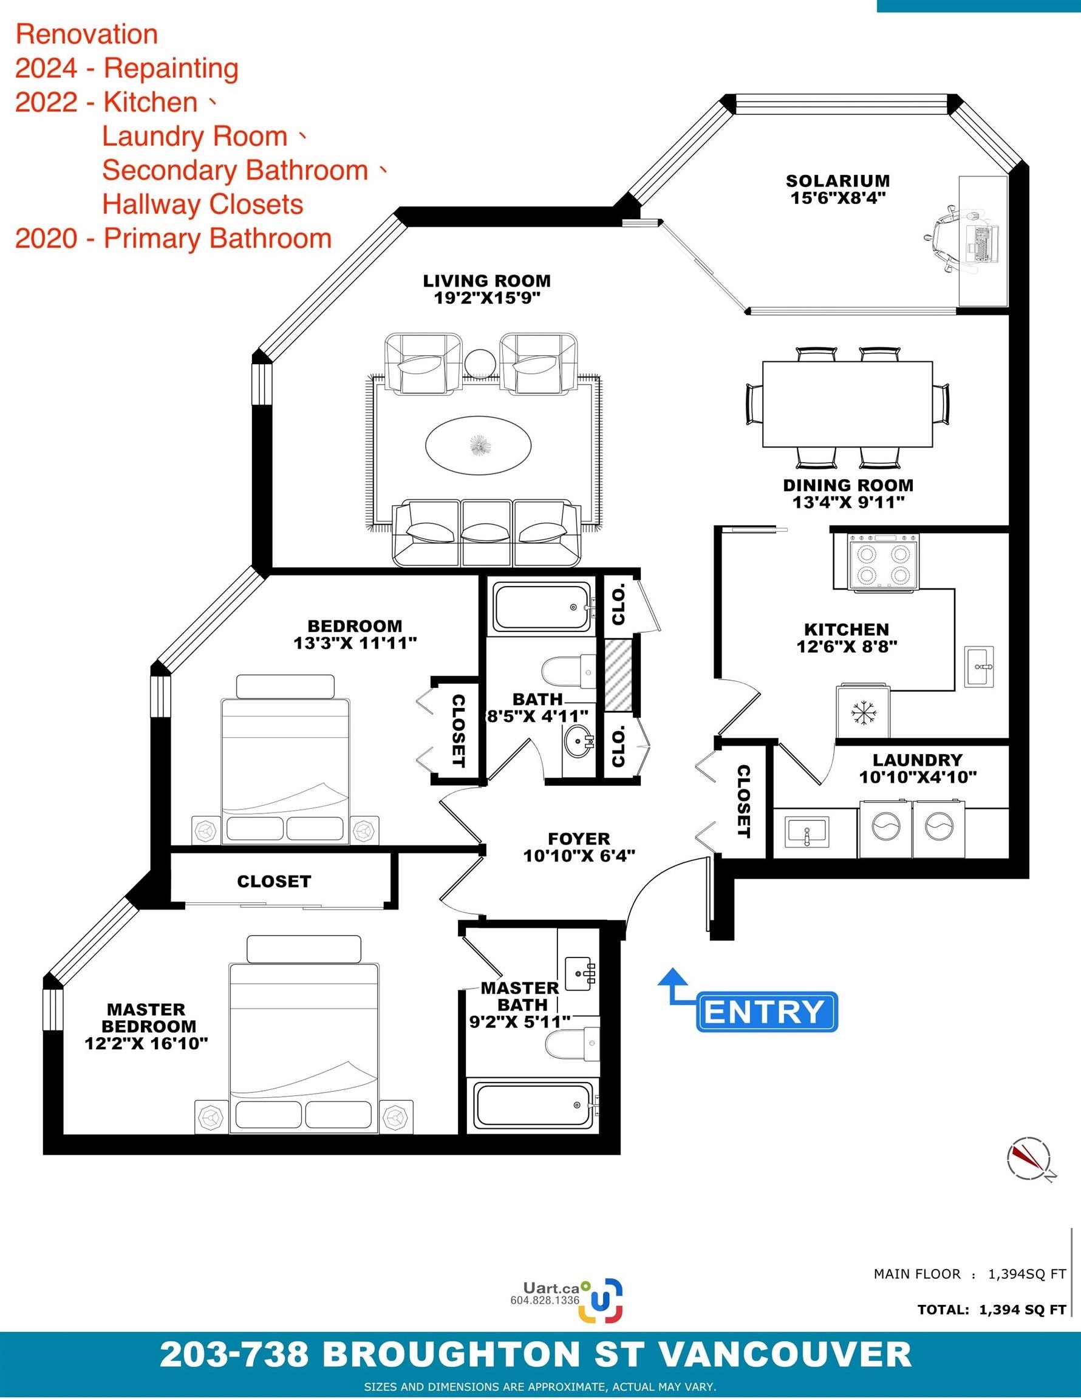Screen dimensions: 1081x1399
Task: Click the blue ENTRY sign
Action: tap(767, 1012)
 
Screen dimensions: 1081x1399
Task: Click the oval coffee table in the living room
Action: tap(478, 444)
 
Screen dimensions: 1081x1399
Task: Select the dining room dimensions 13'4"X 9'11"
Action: tap(848, 502)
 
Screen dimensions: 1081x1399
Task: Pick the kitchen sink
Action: tap(979, 666)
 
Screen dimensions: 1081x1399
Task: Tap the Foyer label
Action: tap(579, 839)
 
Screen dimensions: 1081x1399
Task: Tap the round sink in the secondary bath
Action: tap(579, 743)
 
